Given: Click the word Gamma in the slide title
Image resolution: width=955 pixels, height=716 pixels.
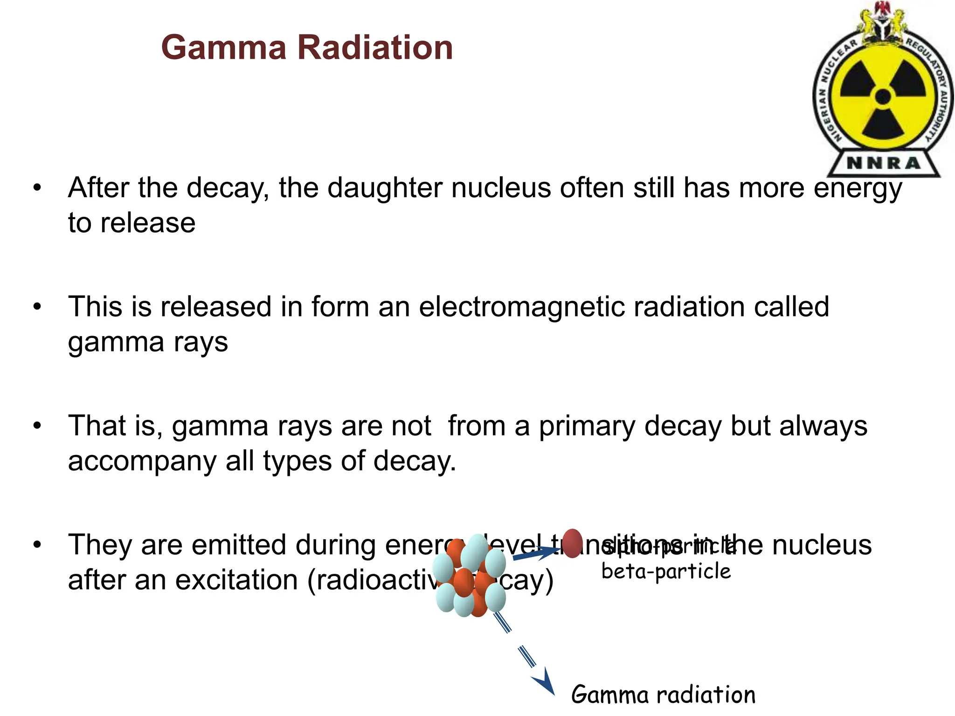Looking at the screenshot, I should (223, 48).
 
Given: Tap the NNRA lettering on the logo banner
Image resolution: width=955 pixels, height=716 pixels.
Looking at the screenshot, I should (883, 163).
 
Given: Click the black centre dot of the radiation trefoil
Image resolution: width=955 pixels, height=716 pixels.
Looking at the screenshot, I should (883, 97).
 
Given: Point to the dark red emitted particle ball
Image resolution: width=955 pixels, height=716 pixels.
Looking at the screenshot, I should (572, 544).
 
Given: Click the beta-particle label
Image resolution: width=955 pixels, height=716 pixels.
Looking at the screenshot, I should (666, 571).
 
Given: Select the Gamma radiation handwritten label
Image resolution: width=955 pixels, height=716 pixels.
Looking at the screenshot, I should (663, 695).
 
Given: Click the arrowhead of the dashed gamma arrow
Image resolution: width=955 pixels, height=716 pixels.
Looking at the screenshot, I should (545, 685).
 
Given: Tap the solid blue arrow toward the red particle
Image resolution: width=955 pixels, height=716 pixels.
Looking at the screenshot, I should (536, 554).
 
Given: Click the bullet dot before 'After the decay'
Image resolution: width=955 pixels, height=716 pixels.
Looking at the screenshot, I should (37, 188).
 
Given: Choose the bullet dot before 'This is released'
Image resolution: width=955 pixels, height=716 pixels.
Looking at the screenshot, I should (37, 307).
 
